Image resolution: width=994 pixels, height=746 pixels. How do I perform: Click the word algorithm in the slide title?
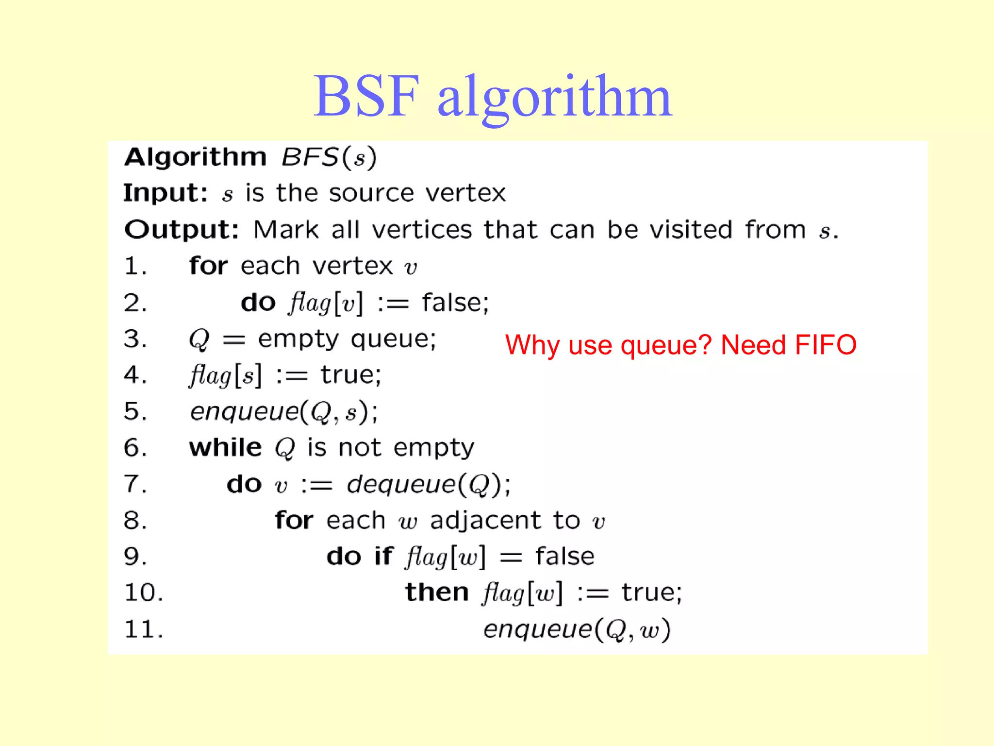[x=554, y=97]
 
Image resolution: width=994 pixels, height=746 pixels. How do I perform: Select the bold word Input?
[x=166, y=193]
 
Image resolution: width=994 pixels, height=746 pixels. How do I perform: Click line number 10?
[x=144, y=593]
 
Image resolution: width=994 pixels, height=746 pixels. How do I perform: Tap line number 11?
[x=144, y=629]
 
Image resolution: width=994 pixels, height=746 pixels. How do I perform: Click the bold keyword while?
[x=225, y=447]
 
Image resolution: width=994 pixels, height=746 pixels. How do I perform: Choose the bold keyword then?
[x=437, y=593]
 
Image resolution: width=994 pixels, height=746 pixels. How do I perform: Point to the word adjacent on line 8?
[x=485, y=521]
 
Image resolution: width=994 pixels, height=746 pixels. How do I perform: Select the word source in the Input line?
[x=371, y=193]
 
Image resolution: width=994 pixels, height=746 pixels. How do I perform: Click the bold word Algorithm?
[x=196, y=157]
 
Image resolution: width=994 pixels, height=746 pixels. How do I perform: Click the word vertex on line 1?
[x=352, y=266]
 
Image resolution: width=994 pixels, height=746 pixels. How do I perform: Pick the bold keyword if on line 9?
[x=383, y=556]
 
